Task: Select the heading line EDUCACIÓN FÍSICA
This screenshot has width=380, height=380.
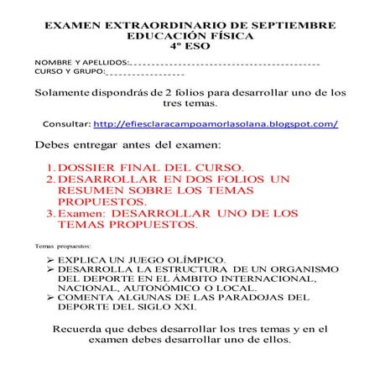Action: tap(190, 39)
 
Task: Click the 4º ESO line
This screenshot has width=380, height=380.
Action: tap(190, 50)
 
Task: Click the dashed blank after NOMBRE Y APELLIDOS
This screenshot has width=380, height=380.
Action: tap(226, 65)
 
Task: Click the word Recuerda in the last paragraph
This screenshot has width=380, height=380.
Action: tap(83, 330)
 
